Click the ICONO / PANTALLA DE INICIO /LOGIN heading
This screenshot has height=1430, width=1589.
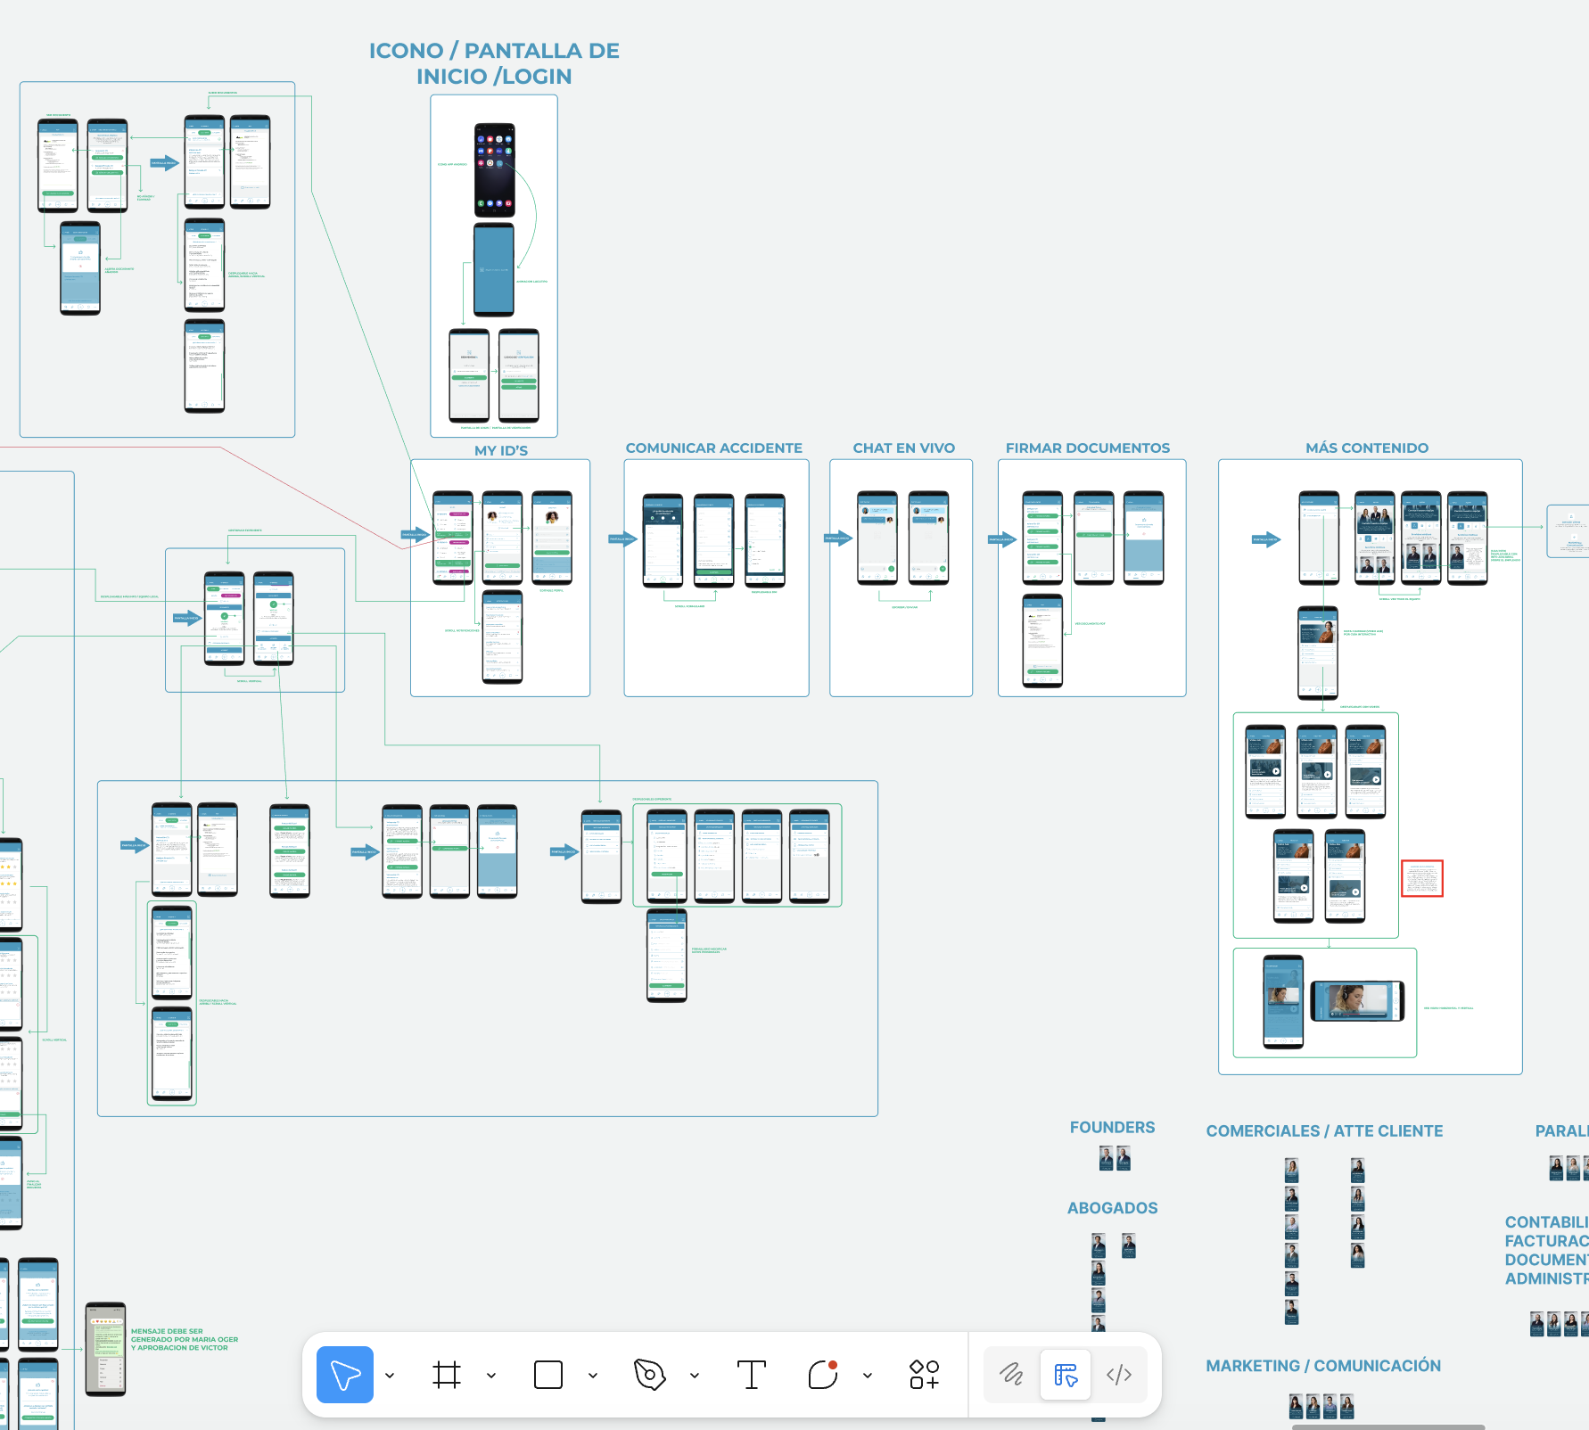tap(494, 63)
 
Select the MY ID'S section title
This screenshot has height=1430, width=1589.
tap(501, 450)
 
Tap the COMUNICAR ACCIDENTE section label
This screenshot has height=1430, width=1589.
tap(713, 448)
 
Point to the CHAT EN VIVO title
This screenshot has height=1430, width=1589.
tap(903, 448)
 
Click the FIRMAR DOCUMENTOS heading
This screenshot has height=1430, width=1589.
tap(1087, 448)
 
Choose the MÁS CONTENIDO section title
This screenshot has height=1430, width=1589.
tap(1366, 448)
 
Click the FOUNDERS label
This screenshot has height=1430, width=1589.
tap(1112, 1127)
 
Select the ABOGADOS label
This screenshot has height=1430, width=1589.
tap(1112, 1208)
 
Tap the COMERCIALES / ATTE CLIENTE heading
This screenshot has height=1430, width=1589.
tap(1324, 1130)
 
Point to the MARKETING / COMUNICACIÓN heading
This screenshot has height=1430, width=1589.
tap(1323, 1365)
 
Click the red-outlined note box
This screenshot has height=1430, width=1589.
tap(1421, 878)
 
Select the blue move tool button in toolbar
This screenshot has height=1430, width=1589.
tap(345, 1374)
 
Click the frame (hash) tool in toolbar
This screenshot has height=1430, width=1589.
tap(447, 1374)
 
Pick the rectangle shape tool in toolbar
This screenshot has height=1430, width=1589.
tap(548, 1374)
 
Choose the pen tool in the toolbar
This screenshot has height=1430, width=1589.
tap(649, 1374)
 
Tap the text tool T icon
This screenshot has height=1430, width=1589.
tap(751, 1374)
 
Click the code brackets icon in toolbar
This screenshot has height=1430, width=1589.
tap(1119, 1374)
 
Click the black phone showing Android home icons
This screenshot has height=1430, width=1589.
tap(494, 170)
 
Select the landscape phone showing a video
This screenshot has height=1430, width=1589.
tap(1357, 1001)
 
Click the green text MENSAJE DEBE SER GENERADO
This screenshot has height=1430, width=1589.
tap(184, 1339)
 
